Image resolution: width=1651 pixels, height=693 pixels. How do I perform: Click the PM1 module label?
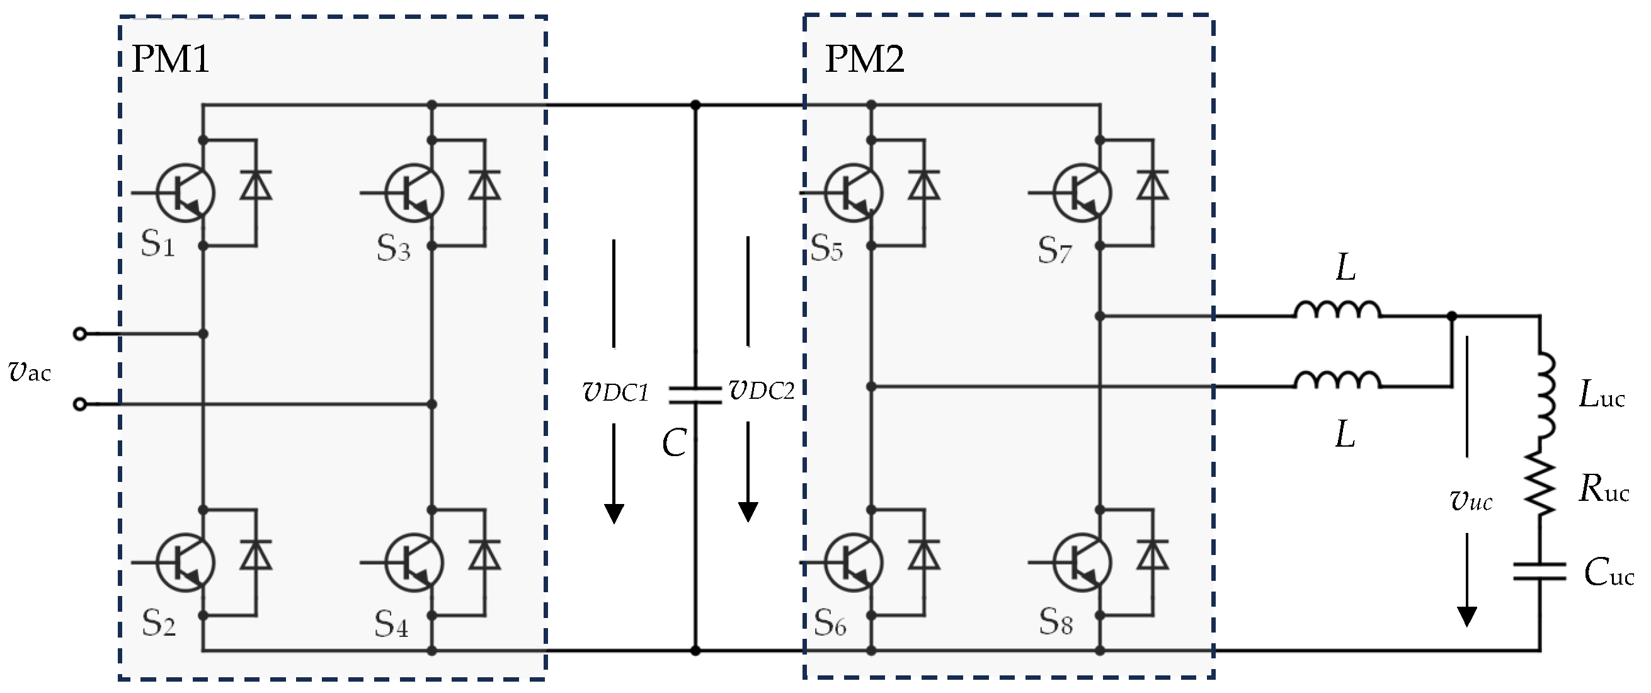tap(171, 60)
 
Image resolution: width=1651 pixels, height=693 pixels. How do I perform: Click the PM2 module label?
tap(864, 60)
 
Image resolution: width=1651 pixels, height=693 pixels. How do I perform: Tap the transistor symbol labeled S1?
tap(186, 192)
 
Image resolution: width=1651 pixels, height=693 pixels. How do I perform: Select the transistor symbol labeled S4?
tap(414, 562)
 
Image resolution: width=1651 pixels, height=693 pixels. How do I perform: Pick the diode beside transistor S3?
tap(484, 186)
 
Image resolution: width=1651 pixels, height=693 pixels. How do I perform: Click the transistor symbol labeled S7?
tap(1082, 192)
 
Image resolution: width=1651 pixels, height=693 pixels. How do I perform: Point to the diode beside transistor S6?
tap(924, 555)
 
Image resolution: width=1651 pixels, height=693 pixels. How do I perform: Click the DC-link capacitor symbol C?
tap(695, 395)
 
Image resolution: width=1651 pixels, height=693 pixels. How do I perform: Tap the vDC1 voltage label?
tap(615, 391)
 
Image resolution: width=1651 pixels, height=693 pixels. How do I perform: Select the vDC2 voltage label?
tap(762, 390)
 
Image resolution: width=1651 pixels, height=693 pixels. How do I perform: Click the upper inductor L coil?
tap(1337, 311)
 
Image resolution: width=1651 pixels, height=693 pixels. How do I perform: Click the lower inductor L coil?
tap(1337, 381)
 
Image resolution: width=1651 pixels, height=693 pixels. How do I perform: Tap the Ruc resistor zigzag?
tap(1540, 484)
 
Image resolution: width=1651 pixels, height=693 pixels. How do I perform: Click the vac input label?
tap(30, 371)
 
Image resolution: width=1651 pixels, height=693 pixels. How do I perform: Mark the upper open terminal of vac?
tap(79, 333)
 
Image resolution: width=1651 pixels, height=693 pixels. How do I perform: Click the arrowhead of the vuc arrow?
tap(1467, 616)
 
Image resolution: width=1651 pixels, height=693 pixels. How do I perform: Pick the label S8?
tap(1056, 621)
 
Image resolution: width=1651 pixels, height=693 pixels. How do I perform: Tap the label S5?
tap(827, 248)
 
